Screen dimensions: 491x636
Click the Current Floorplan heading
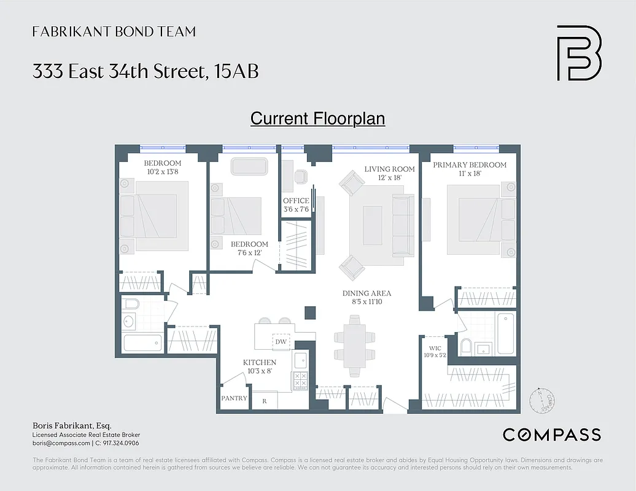317,118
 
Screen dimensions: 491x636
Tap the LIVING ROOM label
389,169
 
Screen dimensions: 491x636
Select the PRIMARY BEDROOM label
470,164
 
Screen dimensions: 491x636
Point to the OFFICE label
296,201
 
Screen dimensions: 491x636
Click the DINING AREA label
366,293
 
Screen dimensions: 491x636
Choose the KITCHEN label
260,362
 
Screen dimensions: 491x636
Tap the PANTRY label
234,398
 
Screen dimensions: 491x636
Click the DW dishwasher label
281,342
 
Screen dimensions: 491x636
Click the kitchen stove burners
300,381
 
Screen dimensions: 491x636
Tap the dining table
354,346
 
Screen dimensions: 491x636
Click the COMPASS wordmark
551,435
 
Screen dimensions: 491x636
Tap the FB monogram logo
578,53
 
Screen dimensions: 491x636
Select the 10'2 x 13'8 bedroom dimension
163,172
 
